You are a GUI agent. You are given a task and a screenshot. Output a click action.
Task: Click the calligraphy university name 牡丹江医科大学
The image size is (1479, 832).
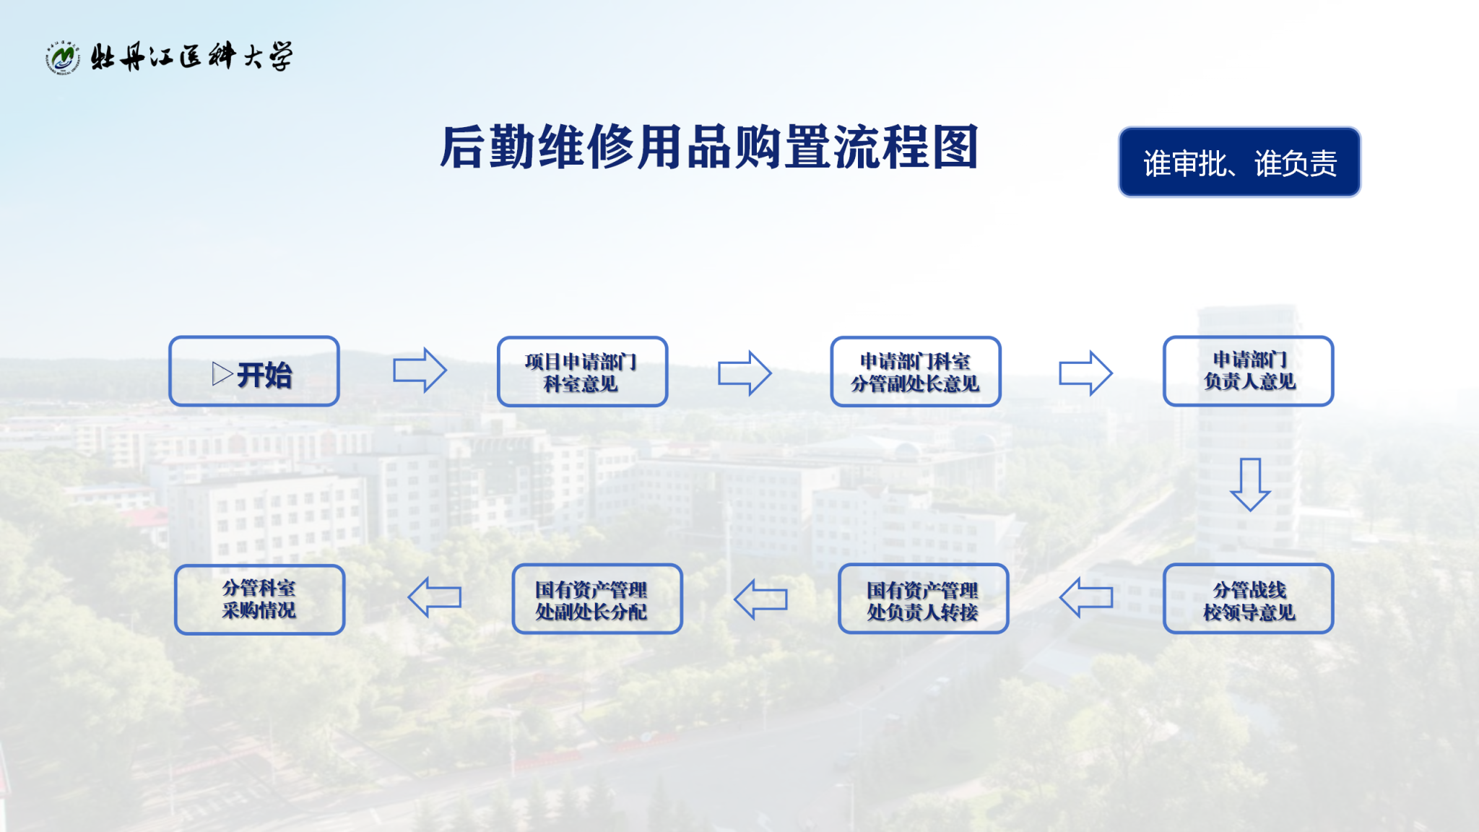(192, 56)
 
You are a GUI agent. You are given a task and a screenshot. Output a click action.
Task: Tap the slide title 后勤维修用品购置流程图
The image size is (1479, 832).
(709, 147)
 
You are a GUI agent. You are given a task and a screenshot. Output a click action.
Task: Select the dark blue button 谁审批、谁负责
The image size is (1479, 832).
(1239, 162)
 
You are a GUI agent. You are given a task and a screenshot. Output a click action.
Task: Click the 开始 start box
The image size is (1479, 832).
(254, 371)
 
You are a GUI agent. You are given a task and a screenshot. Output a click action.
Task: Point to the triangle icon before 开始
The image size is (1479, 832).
(222, 374)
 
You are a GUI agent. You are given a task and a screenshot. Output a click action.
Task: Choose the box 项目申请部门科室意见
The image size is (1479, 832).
(582, 371)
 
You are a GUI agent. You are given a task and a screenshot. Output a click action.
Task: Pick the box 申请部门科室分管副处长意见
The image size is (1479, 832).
(916, 371)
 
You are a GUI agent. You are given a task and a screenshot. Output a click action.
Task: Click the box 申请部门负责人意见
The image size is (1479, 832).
(1248, 370)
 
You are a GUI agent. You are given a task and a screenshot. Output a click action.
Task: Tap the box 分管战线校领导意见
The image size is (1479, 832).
(1248, 599)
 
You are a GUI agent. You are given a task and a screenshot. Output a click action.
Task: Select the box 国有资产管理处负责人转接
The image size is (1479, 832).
(923, 599)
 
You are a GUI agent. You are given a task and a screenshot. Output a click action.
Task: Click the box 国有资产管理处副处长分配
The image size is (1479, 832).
(597, 599)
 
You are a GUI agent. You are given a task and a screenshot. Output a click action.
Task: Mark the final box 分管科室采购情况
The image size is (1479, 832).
(259, 599)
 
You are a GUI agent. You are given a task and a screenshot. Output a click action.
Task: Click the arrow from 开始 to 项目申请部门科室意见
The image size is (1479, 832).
(420, 370)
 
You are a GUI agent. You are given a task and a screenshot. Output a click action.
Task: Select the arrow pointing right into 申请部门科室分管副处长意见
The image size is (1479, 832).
(745, 373)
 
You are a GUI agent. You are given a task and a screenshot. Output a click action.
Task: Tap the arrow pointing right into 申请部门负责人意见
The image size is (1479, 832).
(1085, 373)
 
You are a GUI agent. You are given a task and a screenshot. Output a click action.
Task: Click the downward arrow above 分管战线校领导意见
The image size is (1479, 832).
(1250, 485)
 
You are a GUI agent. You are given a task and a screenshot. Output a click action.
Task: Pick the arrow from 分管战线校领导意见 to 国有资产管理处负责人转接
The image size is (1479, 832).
(1086, 597)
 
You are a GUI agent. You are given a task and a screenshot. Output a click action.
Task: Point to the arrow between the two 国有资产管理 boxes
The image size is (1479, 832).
(760, 599)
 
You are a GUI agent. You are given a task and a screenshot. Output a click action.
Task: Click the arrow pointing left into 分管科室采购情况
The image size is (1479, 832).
(434, 597)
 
